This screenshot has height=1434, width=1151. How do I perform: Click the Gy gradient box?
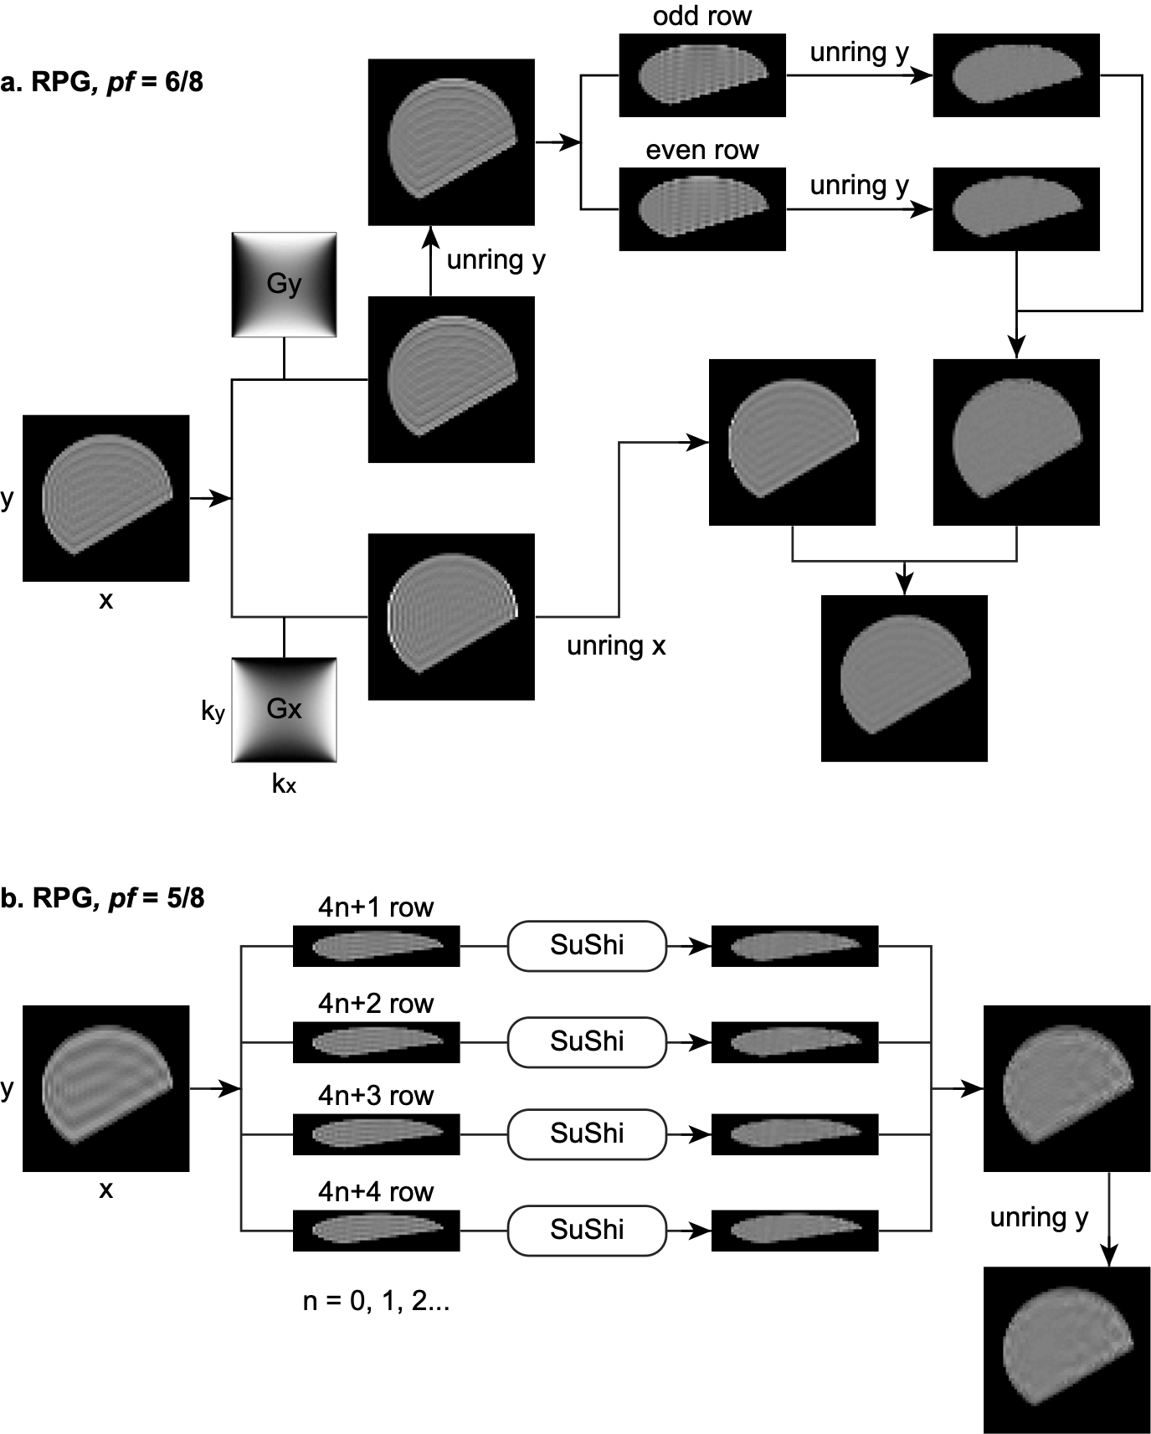click(284, 285)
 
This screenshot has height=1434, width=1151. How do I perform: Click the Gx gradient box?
click(284, 710)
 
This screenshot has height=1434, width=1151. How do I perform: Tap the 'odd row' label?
click(701, 16)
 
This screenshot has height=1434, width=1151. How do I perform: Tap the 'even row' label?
click(701, 150)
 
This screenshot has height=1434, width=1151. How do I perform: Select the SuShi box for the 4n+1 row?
click(587, 945)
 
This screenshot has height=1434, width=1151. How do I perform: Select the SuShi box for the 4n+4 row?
click(587, 1230)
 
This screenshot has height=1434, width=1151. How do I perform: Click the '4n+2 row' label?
click(376, 1003)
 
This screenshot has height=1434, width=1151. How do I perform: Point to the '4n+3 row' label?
click(376, 1095)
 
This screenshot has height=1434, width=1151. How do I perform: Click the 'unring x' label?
click(616, 645)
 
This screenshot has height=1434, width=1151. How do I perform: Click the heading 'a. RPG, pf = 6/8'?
click(102, 82)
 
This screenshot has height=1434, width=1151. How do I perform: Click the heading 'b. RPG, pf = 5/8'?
click(102, 898)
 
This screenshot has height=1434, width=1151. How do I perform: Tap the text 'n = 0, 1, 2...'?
click(376, 1301)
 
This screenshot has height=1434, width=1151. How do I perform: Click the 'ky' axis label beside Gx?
click(213, 711)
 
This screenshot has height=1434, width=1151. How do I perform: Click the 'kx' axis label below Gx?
click(284, 784)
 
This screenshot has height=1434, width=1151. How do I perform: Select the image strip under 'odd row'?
click(702, 75)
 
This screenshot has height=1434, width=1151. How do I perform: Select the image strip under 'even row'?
click(702, 209)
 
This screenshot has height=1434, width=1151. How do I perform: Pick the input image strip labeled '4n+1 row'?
click(376, 946)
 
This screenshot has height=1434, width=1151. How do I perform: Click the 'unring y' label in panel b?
click(1039, 1217)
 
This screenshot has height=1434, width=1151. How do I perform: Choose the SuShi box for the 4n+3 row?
click(587, 1133)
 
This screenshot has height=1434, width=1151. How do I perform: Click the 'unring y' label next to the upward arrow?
click(496, 260)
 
